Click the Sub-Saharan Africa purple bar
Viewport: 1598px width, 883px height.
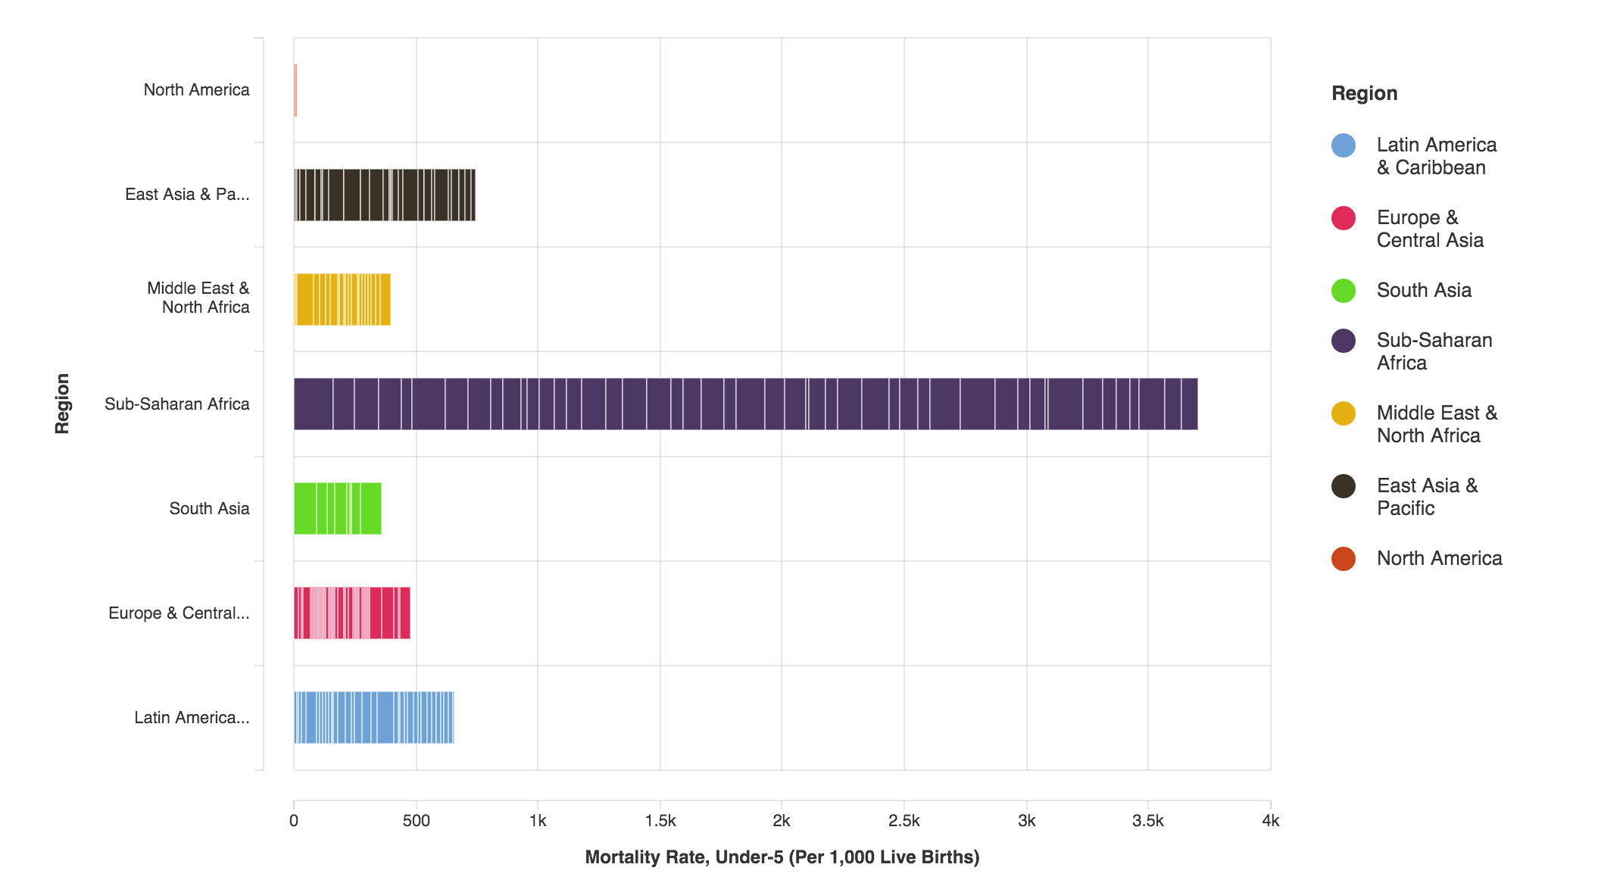745,404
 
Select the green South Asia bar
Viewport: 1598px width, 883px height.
338,508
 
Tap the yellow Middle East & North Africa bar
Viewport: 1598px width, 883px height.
342,299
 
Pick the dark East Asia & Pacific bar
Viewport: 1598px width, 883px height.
385,195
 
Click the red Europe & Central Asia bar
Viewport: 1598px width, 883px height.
352,613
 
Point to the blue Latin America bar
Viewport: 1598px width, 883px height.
374,717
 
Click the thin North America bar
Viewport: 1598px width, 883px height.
295,90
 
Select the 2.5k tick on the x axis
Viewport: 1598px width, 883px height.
904,821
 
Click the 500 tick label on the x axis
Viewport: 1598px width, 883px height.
416,821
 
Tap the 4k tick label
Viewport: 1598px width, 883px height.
1270,821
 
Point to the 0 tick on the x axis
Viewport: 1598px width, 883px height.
294,821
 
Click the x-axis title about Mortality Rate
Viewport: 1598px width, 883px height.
782,857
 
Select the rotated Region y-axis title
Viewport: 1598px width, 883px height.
62,404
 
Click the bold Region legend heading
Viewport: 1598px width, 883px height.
1364,93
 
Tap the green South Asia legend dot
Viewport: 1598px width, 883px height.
1343,291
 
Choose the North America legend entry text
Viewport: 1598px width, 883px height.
1439,558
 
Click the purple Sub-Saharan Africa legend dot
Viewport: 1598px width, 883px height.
1343,341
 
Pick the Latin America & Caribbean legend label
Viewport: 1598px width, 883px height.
1436,156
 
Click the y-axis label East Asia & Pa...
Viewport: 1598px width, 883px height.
187,195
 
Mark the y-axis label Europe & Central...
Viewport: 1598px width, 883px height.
179,613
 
